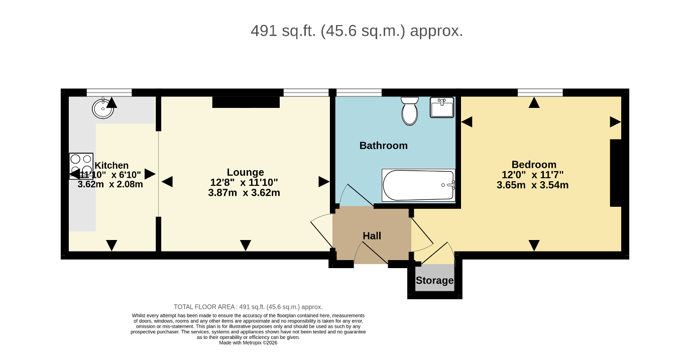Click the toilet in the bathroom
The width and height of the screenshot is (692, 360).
tap(410, 111)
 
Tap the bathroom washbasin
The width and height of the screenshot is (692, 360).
tap(442, 107)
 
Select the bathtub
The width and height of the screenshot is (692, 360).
tap(418, 185)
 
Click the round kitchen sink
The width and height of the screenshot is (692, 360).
tap(103, 108)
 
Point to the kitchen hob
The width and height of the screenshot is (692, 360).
tap(81, 166)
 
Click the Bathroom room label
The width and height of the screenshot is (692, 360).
tap(383, 146)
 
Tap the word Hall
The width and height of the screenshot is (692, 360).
tap(372, 236)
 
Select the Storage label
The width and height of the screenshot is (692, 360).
tap(435, 280)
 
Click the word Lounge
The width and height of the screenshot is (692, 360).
tap(245, 172)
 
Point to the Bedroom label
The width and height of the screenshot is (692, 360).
tap(534, 164)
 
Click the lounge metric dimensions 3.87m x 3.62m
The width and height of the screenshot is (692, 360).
tap(244, 193)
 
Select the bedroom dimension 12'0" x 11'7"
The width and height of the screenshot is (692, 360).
tap(533, 175)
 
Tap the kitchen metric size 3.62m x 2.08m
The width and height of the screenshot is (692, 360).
tap(110, 184)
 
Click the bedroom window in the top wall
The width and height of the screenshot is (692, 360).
tap(540, 92)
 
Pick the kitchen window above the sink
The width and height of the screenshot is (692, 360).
tap(109, 92)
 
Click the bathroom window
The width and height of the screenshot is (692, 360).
tap(359, 92)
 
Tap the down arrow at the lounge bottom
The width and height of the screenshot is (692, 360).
tap(246, 246)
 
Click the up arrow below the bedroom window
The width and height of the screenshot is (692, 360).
tap(534, 102)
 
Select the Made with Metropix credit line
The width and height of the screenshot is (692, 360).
tap(248, 343)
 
